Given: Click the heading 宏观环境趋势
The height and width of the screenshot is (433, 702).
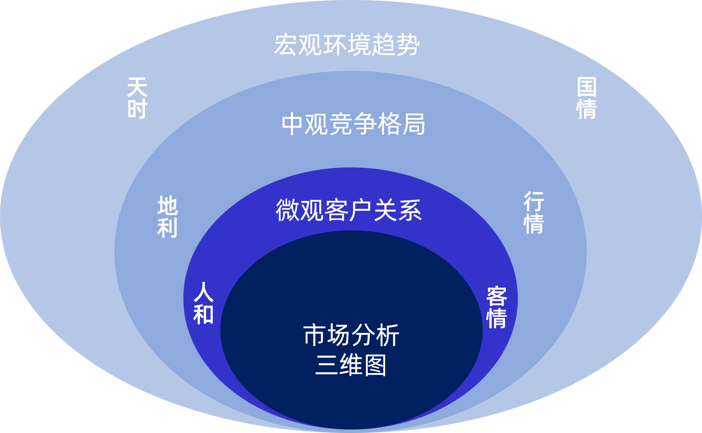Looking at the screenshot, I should pos(347,45).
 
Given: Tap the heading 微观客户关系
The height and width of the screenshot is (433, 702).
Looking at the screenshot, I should pos(348,211).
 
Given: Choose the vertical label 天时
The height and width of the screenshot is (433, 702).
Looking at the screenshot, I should pos(137,98).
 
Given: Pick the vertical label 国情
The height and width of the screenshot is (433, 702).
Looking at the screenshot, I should pos(586,98).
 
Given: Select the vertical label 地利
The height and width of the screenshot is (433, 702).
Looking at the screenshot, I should pos(167,217).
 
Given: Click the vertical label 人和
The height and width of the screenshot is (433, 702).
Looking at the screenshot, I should pos(203,303).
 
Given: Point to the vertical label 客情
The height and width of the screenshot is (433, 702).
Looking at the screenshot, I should pos(497,307).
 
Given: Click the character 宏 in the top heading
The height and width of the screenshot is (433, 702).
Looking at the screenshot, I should pos(285,45).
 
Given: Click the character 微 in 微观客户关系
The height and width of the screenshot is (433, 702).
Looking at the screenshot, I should pos(287,211).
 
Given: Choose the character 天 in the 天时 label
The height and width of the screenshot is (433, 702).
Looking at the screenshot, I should pos(137,87).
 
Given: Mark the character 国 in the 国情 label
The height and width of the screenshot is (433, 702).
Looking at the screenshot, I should pos(586,87).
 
